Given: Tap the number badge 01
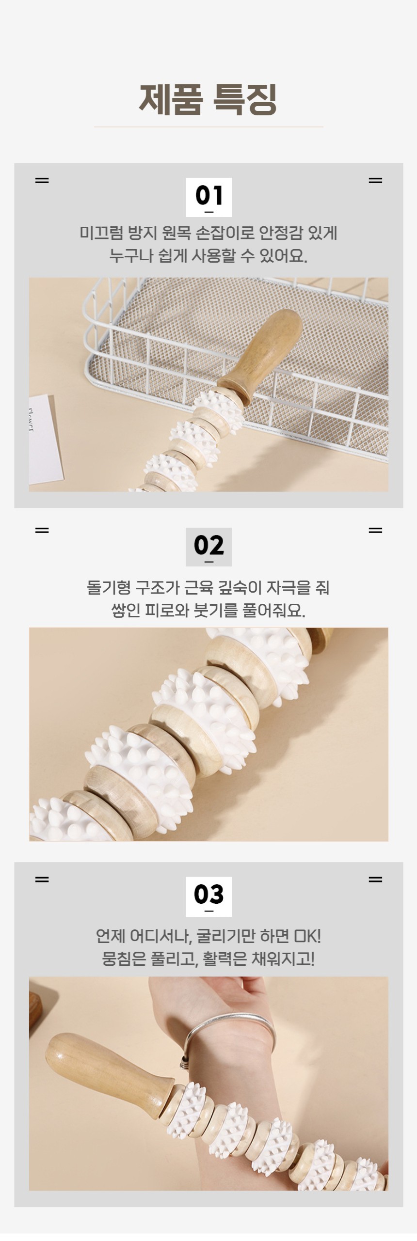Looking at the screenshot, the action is click(x=209, y=197).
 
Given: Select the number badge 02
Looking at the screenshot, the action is click(x=209, y=547).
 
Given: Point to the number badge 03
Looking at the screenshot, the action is click(x=209, y=896).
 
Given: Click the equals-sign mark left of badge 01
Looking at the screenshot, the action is click(x=42, y=181).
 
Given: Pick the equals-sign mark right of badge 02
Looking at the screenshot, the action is click(x=375, y=530).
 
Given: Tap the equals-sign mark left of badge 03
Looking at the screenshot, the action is click(x=42, y=880).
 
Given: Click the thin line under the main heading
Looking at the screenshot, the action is click(x=208, y=127).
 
